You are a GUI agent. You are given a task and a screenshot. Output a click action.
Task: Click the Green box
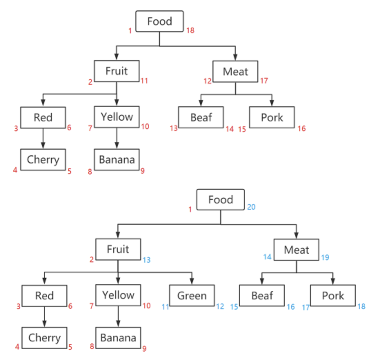pos(192,296)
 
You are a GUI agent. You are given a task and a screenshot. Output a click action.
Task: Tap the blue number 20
pos(251,207)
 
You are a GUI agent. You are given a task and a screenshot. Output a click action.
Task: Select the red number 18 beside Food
pos(190,30)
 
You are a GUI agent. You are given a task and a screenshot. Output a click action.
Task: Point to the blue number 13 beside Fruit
pos(146,260)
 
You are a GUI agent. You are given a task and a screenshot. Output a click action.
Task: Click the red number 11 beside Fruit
pos(144,81)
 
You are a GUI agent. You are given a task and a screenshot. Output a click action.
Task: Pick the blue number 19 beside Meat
pos(325,258)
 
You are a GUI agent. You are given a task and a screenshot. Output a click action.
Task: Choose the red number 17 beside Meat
pos(264,81)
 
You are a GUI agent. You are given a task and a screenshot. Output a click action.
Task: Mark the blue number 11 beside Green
pos(166,307)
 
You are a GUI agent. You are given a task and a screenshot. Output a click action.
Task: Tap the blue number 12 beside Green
pos(220,306)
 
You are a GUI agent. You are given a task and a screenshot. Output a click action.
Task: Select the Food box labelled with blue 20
pos(220,199)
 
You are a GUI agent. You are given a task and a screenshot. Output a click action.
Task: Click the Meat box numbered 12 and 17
pos(235,71)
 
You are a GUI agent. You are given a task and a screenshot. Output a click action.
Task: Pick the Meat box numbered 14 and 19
pos(297,249)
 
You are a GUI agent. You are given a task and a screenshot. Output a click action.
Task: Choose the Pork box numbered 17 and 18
pos(333,296)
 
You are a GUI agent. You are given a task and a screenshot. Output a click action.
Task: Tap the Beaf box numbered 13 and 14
pos(201,117)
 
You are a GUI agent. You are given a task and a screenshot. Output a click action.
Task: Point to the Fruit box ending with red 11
pos(117,71)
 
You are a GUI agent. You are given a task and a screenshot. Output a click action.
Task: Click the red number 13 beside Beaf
pos(173,129)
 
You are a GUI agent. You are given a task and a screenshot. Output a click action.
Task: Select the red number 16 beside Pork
pos(302,129)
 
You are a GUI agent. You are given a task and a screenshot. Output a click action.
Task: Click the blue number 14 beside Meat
pos(267,257)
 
